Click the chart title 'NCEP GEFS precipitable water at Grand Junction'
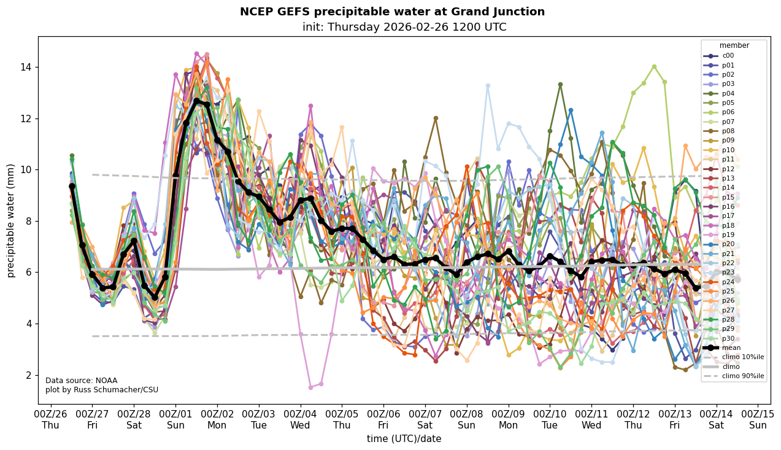point(392,12)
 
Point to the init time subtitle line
point(404,27)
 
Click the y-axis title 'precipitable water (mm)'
point(11,220)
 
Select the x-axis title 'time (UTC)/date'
point(404,438)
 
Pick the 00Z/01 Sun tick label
point(175,419)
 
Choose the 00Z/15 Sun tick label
point(758,419)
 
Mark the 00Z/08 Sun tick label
point(467,419)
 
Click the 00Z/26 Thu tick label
point(51,419)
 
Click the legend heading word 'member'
point(734,45)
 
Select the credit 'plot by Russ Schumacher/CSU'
point(102,390)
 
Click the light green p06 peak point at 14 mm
point(654,67)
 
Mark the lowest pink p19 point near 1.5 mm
point(310,387)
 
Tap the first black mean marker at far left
point(72,186)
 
